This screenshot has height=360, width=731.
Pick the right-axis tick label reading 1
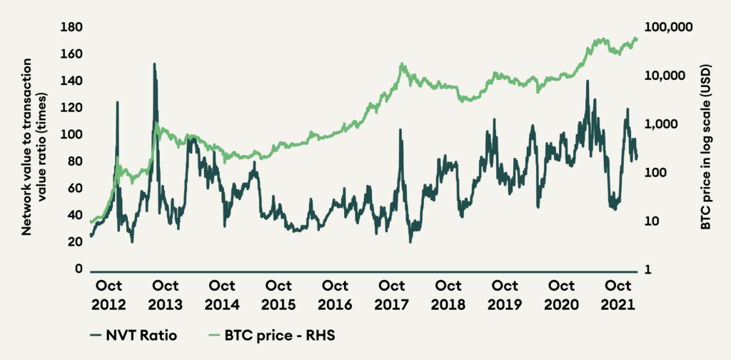pos(649,270)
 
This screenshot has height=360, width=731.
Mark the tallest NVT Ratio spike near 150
pos(154,64)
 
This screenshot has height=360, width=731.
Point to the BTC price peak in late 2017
pos(403,64)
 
